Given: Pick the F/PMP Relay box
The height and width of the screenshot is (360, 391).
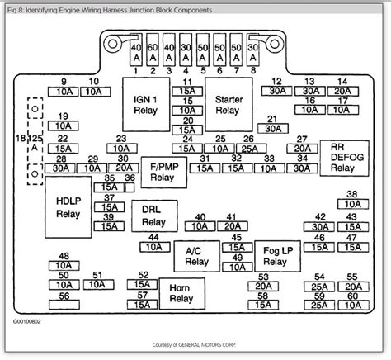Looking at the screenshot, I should point(163,171).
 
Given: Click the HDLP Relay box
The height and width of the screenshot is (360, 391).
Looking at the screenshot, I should point(68,206).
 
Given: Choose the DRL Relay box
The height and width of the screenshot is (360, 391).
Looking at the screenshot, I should point(153,216).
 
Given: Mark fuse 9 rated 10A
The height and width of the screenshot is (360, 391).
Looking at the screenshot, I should point(64,91).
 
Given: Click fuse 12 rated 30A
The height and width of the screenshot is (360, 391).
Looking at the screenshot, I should point(278,91).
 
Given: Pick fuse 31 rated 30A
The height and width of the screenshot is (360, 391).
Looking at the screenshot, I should point(271,129).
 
